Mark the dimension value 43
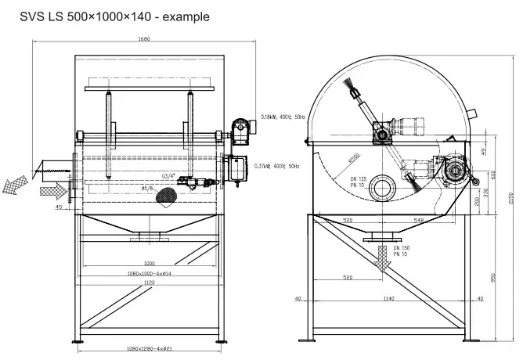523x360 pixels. coord(59,208)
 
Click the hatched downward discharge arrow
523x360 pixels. coord(383,257)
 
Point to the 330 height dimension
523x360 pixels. coord(485,192)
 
